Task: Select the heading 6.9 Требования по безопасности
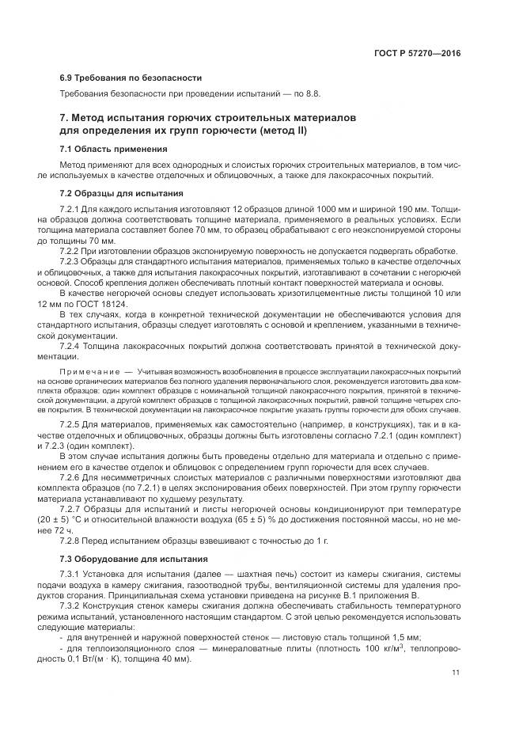pyautogui.click(x=131, y=78)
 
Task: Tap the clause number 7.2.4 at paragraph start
pyautogui.click(x=71, y=346)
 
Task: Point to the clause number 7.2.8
pyautogui.click(x=71, y=541)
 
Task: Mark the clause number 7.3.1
pyautogui.click(x=71, y=575)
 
